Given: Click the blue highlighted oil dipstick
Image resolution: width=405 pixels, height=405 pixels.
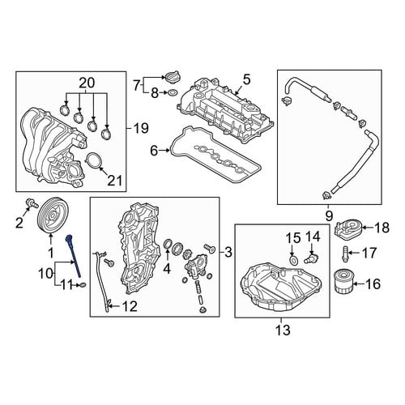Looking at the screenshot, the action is (74, 255).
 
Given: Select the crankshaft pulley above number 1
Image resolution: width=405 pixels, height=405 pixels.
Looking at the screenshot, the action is (53, 215).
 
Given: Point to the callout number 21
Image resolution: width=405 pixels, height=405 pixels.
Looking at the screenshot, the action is (115, 181).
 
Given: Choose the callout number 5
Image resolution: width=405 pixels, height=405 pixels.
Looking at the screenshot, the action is (246, 80).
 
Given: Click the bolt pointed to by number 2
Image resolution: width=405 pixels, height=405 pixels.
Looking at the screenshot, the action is (31, 203).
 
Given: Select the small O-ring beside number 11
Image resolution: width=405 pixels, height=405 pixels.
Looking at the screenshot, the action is (83, 284).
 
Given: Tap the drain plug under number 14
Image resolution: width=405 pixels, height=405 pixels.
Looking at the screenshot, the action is (310, 258).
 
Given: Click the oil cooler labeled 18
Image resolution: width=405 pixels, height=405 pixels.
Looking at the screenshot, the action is (347, 229).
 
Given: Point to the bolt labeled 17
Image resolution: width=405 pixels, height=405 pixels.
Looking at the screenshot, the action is (345, 254).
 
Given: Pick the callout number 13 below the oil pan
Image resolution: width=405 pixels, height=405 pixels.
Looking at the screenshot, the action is (283, 330).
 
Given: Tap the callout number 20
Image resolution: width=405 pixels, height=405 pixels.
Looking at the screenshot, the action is (87, 83).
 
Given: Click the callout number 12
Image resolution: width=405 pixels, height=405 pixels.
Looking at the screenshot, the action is (130, 306).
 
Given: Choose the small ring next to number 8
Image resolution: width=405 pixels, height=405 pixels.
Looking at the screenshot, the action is (172, 92).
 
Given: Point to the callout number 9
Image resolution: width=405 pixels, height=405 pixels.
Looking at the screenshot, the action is (329, 215).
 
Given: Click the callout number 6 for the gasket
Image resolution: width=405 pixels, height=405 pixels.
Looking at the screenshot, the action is (154, 151).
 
